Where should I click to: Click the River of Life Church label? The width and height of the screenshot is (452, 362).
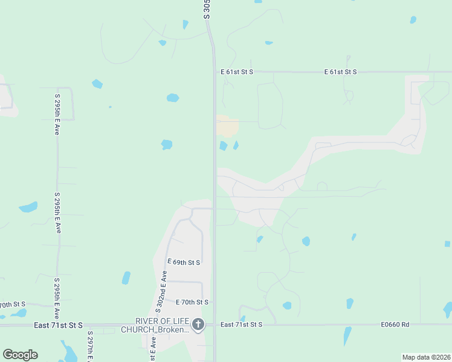click(x=155, y=325)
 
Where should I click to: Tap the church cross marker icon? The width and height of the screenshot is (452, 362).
click(x=198, y=325)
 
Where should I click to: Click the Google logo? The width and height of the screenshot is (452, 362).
click(x=20, y=355)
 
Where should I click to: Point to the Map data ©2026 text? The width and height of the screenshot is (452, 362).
click(x=426, y=357)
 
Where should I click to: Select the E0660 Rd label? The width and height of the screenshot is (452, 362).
click(x=395, y=325)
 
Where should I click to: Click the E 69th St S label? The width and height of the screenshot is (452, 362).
click(x=182, y=262)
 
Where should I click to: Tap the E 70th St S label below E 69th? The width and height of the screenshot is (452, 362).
click(x=192, y=302)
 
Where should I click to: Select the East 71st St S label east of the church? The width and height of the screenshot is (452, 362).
click(x=241, y=325)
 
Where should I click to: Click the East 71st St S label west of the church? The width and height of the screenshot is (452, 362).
click(x=59, y=325)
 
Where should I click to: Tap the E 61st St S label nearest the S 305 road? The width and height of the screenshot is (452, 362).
click(x=236, y=72)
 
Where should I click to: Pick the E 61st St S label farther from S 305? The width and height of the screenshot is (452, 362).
click(x=340, y=72)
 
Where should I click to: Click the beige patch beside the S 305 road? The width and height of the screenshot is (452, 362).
click(x=227, y=127)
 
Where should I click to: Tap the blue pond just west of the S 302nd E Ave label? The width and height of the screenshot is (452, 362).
click(x=126, y=278)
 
